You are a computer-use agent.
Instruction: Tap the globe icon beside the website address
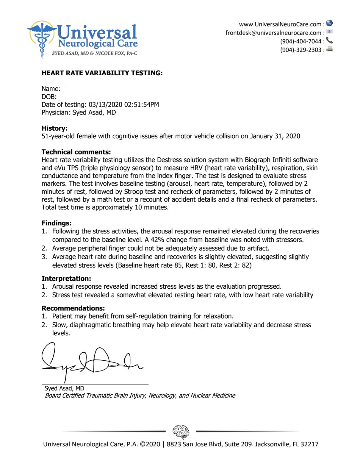pyautogui.click(x=329, y=23)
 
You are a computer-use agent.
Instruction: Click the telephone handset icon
pyautogui.click(x=329, y=40)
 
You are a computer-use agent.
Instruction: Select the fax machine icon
pyautogui.click(x=329, y=49)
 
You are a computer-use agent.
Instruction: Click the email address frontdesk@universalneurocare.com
pyautogui.click(x=273, y=33)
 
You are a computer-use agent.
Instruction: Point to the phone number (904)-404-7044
pyautogui.click(x=300, y=41)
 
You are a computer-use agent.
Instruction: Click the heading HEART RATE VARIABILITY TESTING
pyautogui.click(x=102, y=73)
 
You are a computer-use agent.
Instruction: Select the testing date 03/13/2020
pyautogui.click(x=105, y=105)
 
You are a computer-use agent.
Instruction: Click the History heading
pyautogui.click(x=54, y=128)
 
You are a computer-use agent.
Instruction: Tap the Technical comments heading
pyautogui.click(x=76, y=152)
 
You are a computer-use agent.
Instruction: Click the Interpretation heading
pyautogui.click(x=66, y=279)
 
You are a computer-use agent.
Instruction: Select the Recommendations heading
pyautogui.click(x=73, y=308)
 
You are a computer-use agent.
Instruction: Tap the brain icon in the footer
pyautogui.click(x=181, y=431)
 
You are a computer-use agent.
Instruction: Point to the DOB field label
pyautogui.click(x=49, y=97)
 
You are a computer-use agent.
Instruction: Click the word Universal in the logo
pyautogui.click(x=97, y=32)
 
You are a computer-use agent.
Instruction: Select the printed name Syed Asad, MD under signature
pyautogui.click(x=64, y=388)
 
